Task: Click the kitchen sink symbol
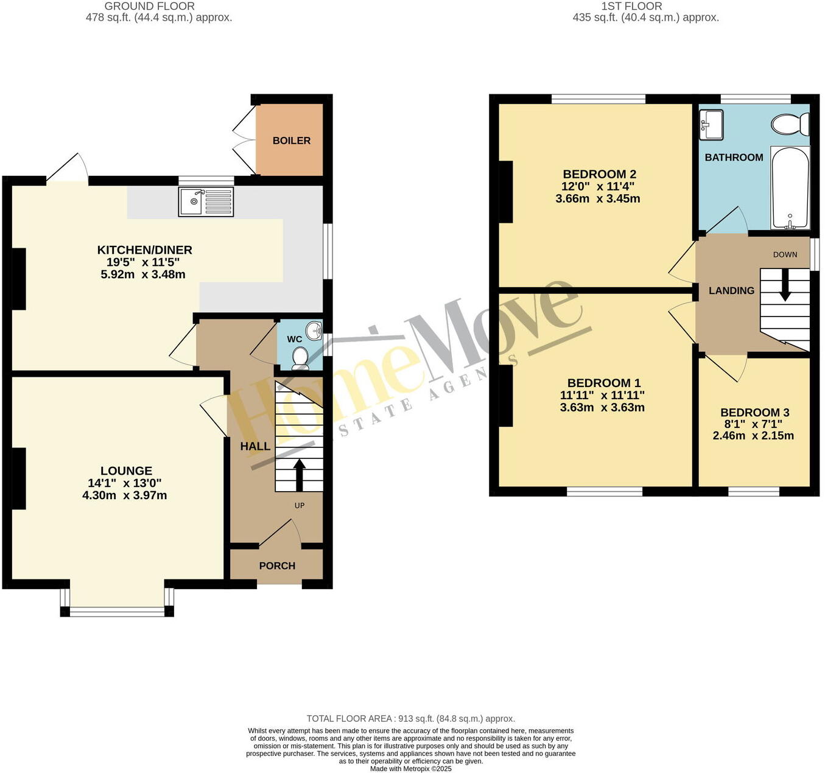206,201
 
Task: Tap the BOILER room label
291,141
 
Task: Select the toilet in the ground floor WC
300,357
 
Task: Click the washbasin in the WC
314,331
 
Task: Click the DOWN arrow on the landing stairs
785,284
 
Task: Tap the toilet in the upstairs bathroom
790,125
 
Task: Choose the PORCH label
277,566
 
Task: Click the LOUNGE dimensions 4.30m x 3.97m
125,495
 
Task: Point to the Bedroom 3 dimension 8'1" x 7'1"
754,424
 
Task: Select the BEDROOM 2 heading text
599,174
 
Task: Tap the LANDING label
731,291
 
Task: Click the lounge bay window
117,610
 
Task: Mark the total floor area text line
411,719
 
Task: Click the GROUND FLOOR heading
150,6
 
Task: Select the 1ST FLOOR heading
631,6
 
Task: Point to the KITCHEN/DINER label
145,250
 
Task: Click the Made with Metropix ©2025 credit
411,769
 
